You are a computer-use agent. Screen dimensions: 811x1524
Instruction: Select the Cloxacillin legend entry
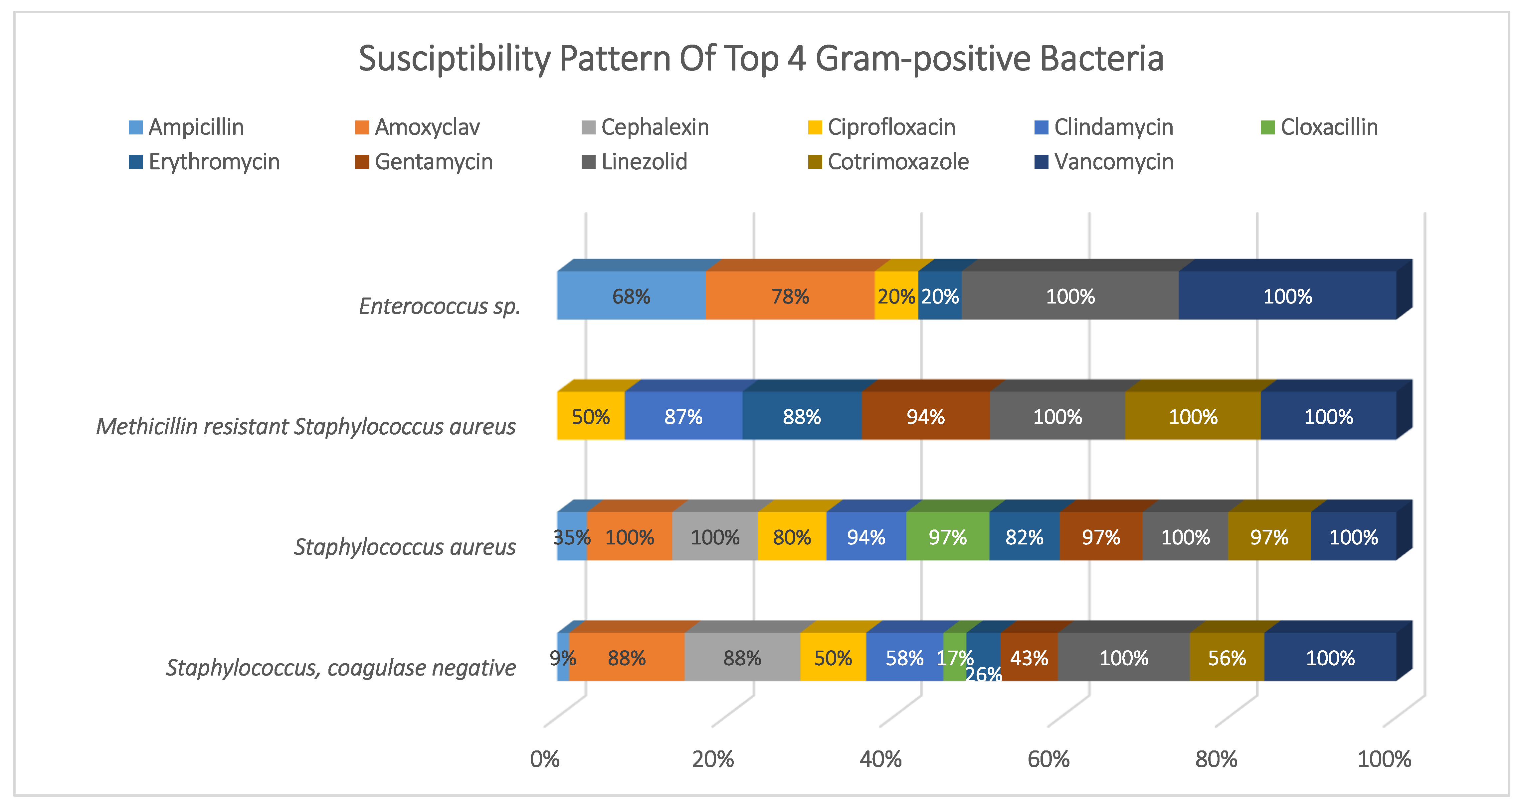1319,127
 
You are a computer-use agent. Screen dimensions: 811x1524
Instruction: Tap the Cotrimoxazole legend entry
888,161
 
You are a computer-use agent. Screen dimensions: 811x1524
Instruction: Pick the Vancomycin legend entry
1104,161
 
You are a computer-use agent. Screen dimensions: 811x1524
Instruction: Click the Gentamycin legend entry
424,161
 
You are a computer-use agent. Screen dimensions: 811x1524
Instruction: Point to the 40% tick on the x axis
880,759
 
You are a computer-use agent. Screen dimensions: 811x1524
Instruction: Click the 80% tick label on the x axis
1216,759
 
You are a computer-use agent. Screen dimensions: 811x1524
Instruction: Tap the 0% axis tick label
544,759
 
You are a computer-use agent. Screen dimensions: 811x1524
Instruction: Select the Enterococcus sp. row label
440,306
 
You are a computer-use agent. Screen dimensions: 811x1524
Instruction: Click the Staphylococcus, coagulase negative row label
341,667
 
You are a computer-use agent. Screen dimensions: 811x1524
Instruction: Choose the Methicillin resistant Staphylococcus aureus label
306,426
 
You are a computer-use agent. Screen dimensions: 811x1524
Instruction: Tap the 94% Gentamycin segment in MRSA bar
925,416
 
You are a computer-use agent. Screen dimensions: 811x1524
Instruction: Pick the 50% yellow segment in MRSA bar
590,416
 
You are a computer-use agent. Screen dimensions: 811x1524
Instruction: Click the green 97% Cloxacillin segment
947,537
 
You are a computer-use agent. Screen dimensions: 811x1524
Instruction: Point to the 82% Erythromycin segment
1024,537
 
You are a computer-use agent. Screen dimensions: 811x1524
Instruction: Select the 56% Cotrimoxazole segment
1227,658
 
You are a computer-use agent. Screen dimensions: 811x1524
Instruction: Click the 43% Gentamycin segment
1029,658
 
